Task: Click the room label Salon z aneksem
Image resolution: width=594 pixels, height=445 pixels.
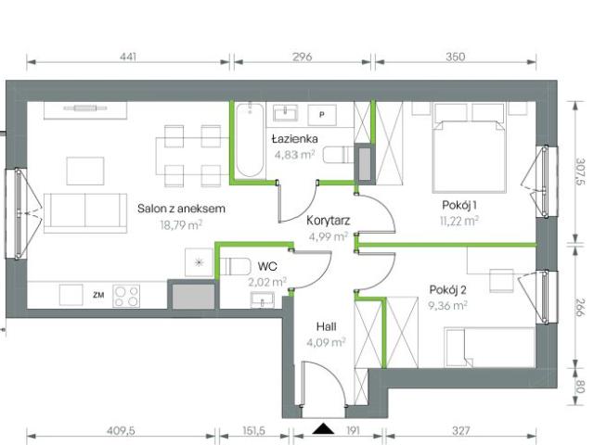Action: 182,210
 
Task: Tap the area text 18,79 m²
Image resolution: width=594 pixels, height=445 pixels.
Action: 182,223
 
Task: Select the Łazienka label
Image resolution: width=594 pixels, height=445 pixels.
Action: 295,139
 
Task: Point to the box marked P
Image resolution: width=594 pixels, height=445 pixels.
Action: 322,114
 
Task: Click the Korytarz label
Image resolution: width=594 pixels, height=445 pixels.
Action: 328,221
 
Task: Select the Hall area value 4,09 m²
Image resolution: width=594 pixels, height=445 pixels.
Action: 327,341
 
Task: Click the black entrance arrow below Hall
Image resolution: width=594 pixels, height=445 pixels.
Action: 323,428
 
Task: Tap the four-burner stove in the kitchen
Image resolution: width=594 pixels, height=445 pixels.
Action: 126,296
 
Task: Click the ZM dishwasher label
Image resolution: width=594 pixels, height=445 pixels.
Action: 97,295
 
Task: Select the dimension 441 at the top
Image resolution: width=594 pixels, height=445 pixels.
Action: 128,57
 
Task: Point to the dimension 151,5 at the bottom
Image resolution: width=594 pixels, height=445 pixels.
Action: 254,431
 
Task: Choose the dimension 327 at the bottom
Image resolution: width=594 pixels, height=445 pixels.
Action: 461,431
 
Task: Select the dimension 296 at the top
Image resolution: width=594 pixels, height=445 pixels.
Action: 302,57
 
